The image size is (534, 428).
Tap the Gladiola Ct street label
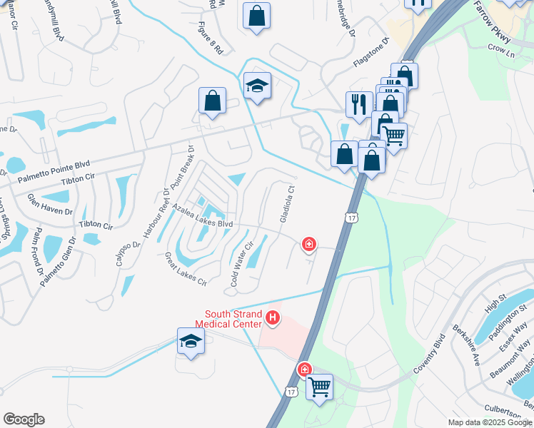287,205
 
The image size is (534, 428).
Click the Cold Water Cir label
241,265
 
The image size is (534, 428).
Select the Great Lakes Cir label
186,268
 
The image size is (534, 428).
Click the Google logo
24,419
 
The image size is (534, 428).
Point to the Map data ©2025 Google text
488,422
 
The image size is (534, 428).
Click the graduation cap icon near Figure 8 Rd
257,86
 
